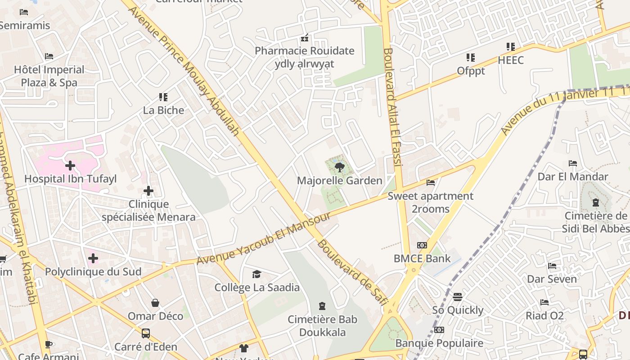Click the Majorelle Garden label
[339, 180]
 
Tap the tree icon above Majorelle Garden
[339, 167]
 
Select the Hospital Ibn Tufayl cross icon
[70, 166]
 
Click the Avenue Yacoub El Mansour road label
[264, 238]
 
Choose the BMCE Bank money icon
[422, 245]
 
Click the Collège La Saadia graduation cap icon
[256, 274]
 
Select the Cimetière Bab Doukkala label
[322, 326]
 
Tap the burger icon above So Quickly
[458, 297]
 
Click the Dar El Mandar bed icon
[573, 163]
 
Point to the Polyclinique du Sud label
[93, 272]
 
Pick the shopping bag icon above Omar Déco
[155, 303]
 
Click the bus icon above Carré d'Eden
[146, 333]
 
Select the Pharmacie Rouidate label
[305, 51]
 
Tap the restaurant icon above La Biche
[163, 97]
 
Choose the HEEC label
[511, 60]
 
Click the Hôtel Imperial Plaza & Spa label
[49, 76]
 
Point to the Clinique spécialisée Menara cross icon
[148, 191]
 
